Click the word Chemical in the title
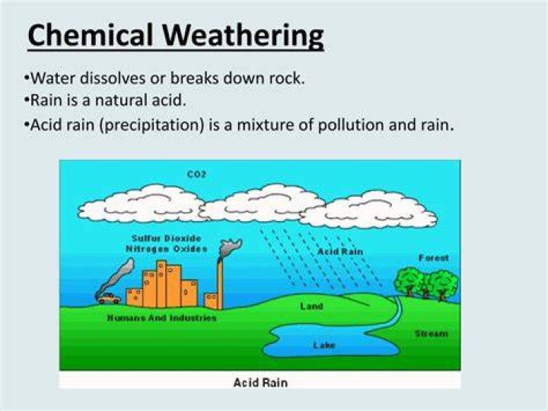90,35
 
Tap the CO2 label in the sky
196,174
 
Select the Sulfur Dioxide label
167,239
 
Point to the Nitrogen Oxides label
167,249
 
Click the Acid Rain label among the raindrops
340,252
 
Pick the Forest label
433,258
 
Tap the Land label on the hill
311,307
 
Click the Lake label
324,345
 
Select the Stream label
432,334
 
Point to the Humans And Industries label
162,318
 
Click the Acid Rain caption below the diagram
260,383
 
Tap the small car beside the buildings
109,299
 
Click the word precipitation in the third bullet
151,125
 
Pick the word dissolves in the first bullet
113,78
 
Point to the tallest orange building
161,284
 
